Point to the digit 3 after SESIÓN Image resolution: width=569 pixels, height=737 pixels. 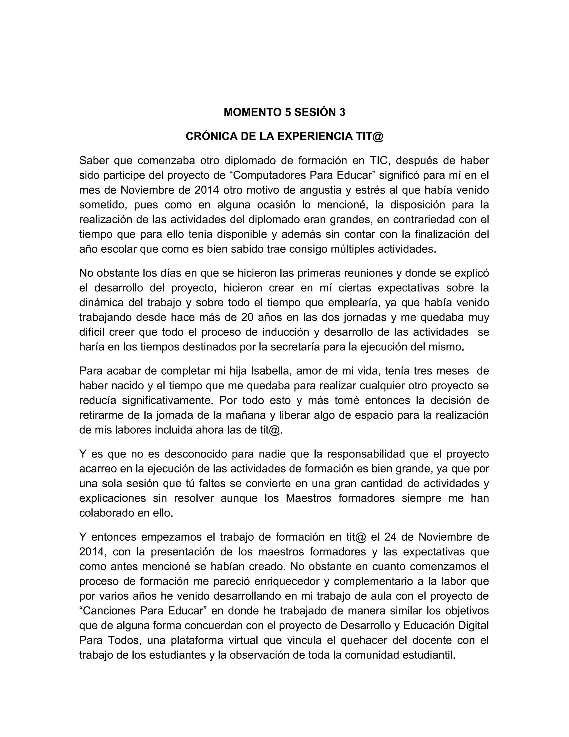click(342, 112)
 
